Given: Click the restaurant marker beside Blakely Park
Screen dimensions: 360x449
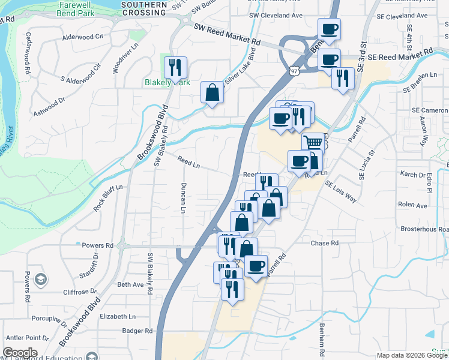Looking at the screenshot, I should click(x=175, y=68).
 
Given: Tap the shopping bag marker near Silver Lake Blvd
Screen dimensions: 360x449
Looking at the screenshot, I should click(x=212, y=93).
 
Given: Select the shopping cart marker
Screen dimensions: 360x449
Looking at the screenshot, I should click(x=313, y=143).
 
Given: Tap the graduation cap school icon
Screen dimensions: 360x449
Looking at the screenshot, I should click(x=40, y=279).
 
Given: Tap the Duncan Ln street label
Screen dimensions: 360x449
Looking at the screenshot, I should click(x=184, y=198).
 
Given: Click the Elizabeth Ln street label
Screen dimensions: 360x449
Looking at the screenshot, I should click(x=118, y=316).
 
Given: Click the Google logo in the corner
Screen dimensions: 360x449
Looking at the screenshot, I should click(x=20, y=353).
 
